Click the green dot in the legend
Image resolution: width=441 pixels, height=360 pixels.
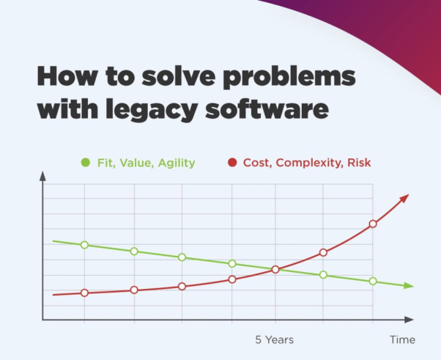86,162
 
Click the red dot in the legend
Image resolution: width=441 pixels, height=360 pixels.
232,162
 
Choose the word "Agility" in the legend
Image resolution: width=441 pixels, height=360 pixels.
177,162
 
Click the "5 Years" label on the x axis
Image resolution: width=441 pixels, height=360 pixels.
274,339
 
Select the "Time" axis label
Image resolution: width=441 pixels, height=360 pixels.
402,339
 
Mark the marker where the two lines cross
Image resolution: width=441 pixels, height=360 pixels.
275,269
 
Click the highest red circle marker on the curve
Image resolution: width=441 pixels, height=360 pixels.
373,224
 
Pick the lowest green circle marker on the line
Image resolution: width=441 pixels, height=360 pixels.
373,281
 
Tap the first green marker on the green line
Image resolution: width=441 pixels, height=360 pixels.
84,245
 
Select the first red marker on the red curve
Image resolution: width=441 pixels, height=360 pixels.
84,293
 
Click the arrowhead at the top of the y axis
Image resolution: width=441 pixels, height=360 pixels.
42,177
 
